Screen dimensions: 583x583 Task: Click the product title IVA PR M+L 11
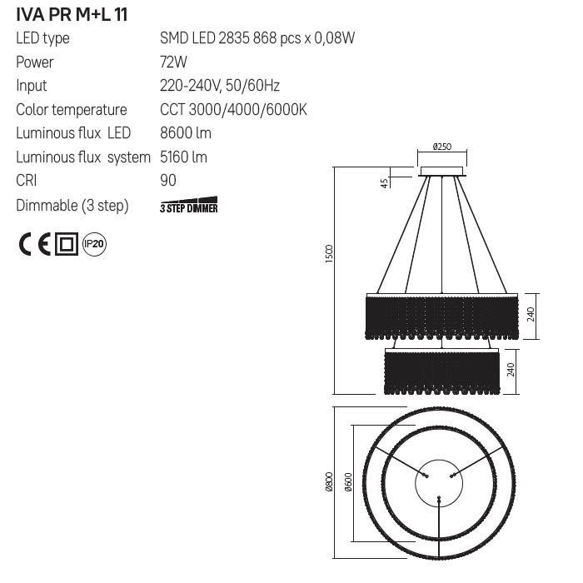(x=72, y=14)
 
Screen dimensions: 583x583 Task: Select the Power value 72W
(x=173, y=62)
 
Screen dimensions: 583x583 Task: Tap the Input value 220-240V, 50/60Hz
(x=220, y=86)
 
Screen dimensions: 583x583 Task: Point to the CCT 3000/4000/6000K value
(x=233, y=110)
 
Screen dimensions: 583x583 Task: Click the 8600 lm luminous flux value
(x=185, y=133)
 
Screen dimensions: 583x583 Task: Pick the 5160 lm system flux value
(x=183, y=157)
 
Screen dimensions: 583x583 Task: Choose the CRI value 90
(x=168, y=181)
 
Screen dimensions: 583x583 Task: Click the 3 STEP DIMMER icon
(x=188, y=206)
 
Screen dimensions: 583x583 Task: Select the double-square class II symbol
(x=66, y=244)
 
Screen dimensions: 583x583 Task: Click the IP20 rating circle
(x=94, y=244)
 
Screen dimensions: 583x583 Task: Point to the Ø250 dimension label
(x=442, y=147)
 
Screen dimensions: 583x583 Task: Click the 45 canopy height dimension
(x=385, y=182)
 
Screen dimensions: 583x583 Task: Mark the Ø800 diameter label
(x=329, y=481)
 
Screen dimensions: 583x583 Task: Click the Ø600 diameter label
(x=348, y=482)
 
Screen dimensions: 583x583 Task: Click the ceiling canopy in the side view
(x=442, y=172)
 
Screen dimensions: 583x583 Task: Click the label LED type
(x=42, y=38)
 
